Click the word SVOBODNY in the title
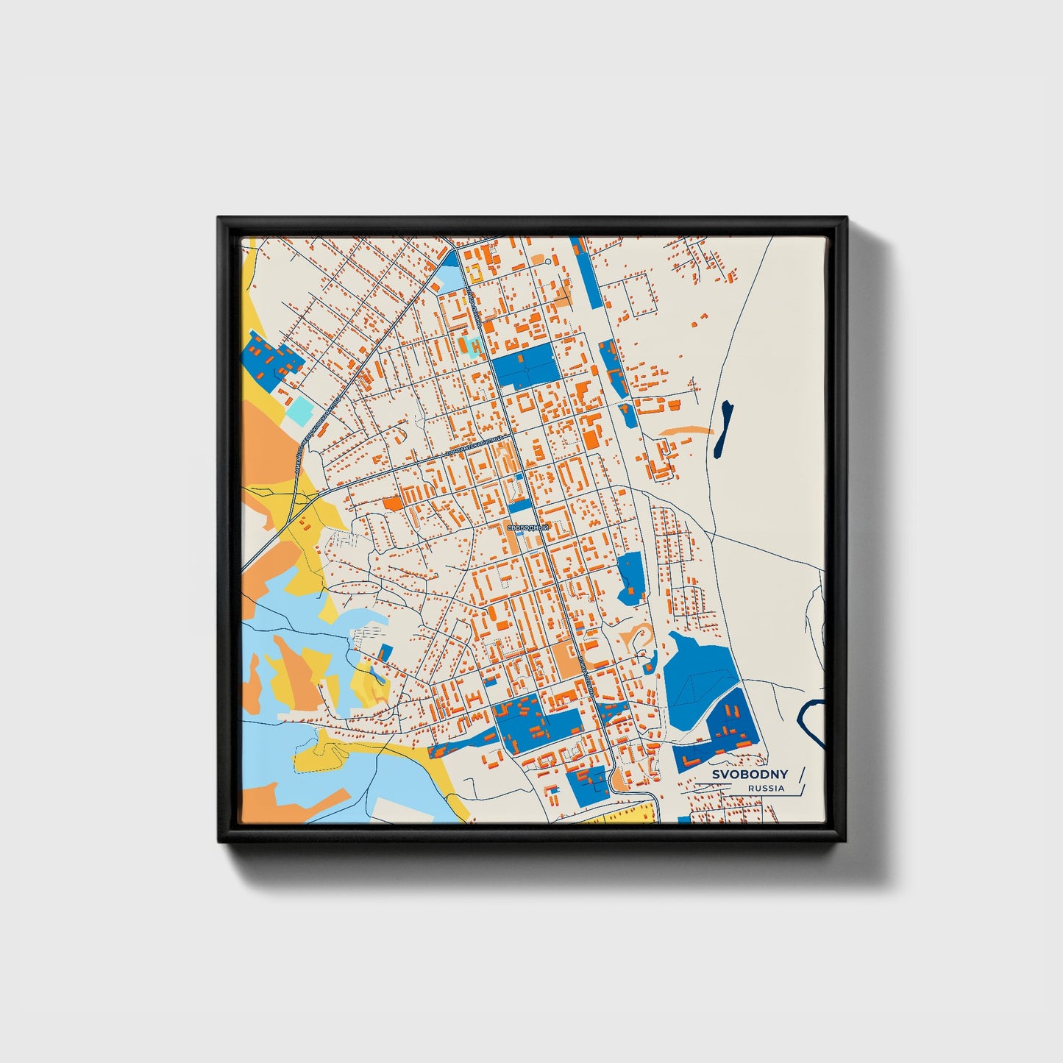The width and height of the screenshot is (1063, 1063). click(x=750, y=774)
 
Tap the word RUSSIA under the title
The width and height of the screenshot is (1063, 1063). click(x=766, y=789)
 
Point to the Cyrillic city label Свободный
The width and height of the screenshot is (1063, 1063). click(x=528, y=528)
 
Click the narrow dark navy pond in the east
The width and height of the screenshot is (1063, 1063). click(x=723, y=428)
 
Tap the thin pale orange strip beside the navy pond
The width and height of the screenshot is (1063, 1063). click(x=685, y=431)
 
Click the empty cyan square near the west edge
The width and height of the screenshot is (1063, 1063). click(x=299, y=410)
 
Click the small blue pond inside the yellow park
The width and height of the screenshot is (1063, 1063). click(x=376, y=673)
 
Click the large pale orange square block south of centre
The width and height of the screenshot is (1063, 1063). click(x=566, y=660)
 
